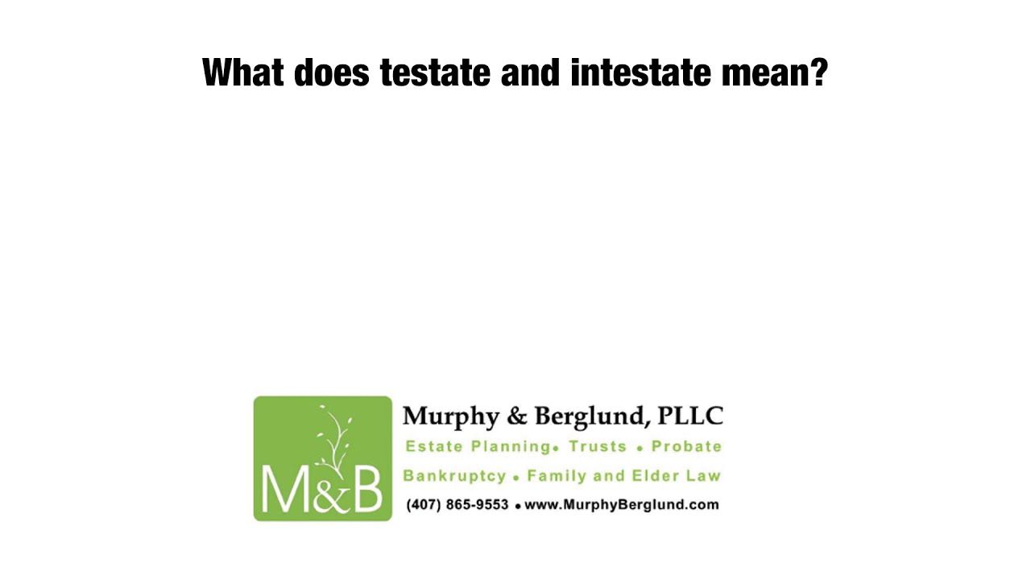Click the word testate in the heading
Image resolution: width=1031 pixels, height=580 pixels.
pos(435,73)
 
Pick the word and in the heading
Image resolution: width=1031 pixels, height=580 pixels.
pos(531,73)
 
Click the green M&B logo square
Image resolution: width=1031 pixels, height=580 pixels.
pos(322,458)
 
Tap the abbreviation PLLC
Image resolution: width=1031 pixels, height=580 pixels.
pos(690,416)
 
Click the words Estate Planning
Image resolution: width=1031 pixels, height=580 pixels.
pos(476,446)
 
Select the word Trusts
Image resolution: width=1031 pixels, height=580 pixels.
pos(598,446)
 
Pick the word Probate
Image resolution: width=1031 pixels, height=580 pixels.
pos(686,446)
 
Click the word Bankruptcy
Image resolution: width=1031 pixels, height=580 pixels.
pos(454,476)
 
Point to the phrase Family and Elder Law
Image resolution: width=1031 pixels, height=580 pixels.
pos(623,476)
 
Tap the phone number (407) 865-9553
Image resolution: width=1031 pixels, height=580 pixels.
pos(457,505)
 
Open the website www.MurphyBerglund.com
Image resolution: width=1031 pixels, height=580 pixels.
pos(621,505)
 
